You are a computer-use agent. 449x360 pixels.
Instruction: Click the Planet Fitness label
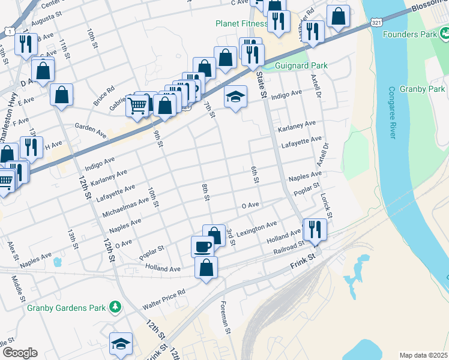[x=242, y=24]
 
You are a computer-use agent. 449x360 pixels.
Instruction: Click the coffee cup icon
[x=202, y=245]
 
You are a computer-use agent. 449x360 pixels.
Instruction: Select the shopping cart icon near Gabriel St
[x=137, y=106]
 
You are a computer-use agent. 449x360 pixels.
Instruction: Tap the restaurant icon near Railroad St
[x=315, y=228]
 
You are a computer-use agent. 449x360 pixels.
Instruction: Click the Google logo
[x=19, y=353]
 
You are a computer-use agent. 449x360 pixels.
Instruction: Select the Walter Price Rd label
[x=164, y=299]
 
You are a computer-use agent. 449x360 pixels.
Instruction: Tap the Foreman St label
[x=226, y=317]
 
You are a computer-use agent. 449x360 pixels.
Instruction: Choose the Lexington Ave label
[x=256, y=227]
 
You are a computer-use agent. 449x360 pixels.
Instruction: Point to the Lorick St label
[x=326, y=205]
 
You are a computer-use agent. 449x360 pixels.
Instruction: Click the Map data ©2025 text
[x=423, y=355]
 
